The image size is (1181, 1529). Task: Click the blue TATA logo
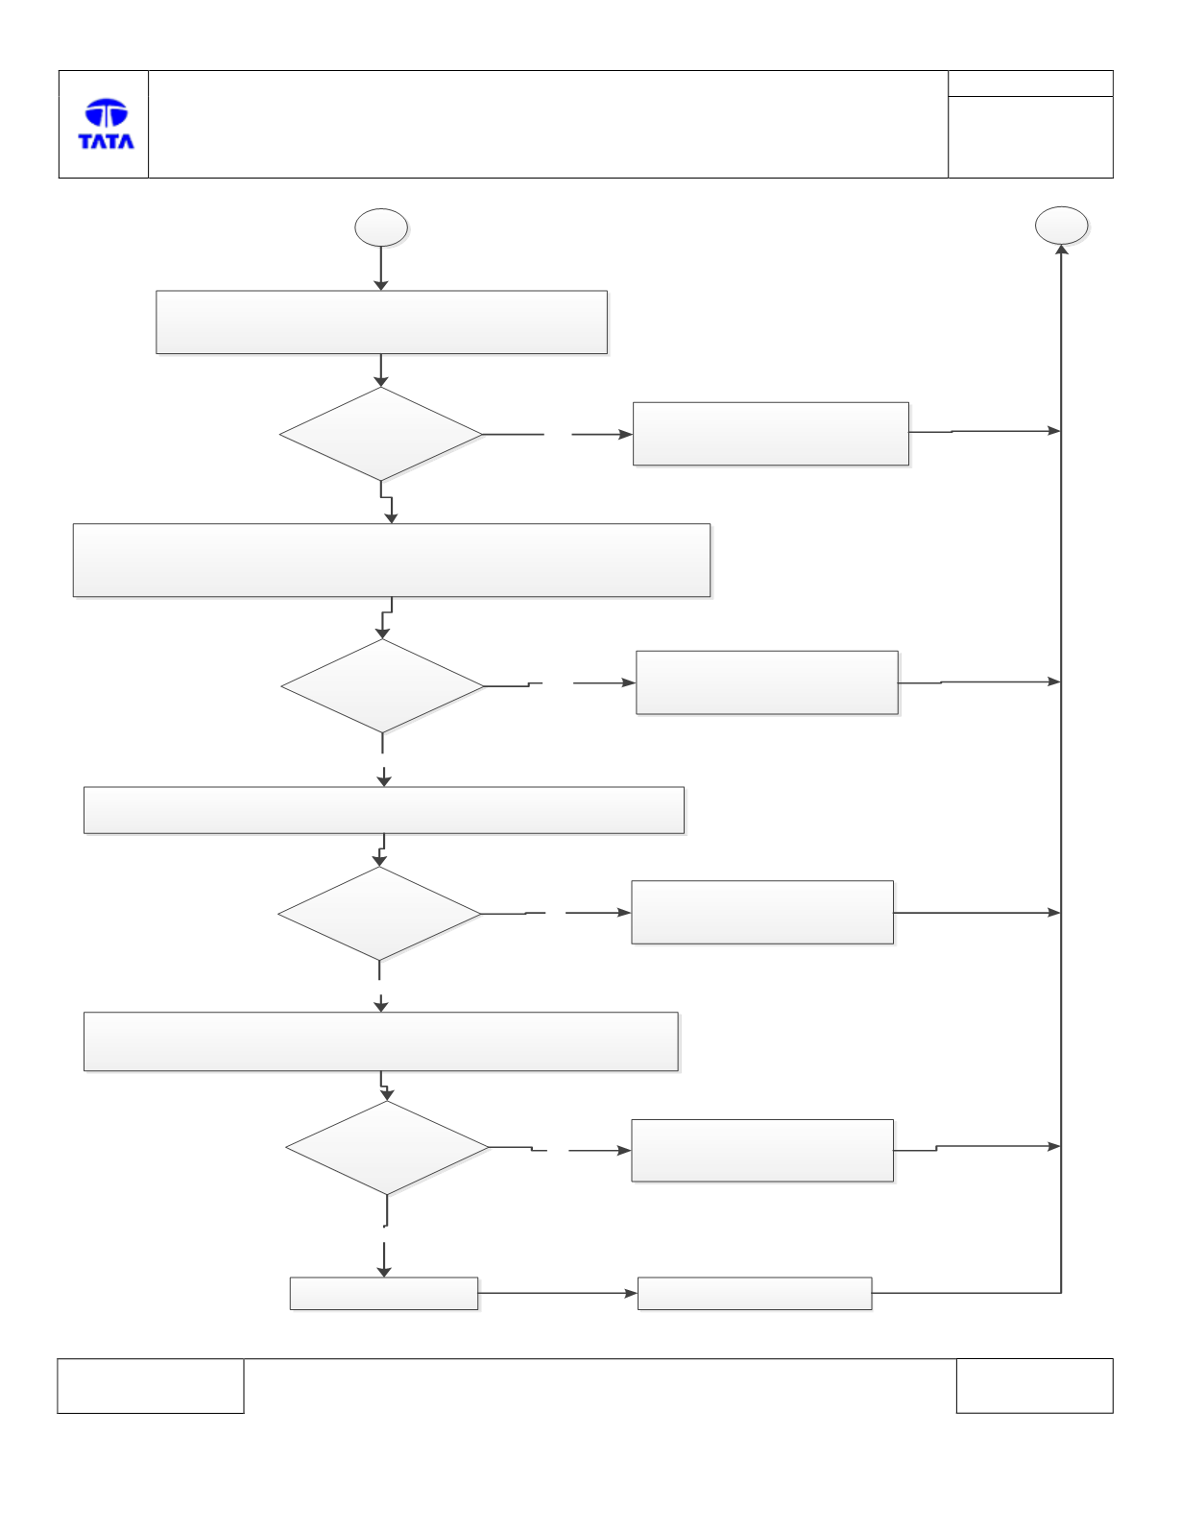tap(107, 124)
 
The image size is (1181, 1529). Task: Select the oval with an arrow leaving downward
tap(381, 227)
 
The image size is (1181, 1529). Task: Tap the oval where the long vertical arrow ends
tap(1061, 226)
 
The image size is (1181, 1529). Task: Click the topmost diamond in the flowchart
tap(381, 434)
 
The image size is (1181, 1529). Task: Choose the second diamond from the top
tap(382, 686)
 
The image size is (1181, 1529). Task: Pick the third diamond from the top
tap(379, 914)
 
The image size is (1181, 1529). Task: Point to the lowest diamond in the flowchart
tap(387, 1148)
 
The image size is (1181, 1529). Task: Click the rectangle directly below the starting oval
tap(381, 323)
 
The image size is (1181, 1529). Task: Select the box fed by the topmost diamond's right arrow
tap(771, 434)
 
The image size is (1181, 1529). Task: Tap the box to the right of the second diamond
tap(767, 682)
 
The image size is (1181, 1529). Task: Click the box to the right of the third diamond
tap(762, 912)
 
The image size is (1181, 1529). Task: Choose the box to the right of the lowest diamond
tap(762, 1151)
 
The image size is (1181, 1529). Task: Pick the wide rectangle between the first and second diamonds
tap(392, 561)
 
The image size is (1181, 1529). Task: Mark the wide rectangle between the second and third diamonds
tap(383, 811)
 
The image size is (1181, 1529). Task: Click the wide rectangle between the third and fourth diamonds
tap(381, 1041)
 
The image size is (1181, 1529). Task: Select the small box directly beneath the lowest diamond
tap(383, 1293)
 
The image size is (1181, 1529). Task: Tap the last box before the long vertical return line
tap(755, 1293)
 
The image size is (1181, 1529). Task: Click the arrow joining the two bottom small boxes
tap(558, 1293)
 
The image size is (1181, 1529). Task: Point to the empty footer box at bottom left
tap(151, 1385)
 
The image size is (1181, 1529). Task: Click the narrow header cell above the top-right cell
tap(1030, 84)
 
